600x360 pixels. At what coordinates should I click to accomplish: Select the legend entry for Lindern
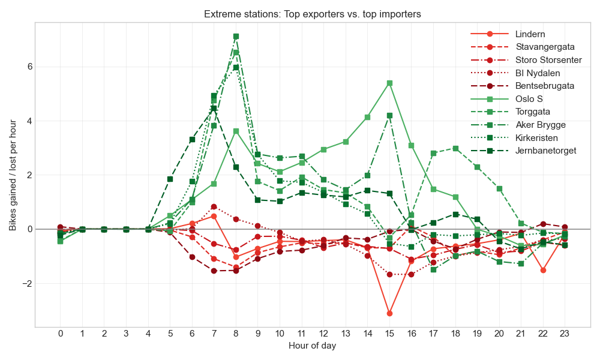[530, 34]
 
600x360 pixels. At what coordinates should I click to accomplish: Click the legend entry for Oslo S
[530, 99]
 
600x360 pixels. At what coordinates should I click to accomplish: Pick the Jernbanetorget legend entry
[545, 151]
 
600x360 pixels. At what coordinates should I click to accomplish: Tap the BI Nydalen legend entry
[538, 73]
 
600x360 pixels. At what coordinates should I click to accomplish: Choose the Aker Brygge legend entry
[541, 125]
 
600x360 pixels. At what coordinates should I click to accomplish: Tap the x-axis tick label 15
[389, 334]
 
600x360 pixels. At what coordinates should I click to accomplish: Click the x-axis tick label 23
[565, 334]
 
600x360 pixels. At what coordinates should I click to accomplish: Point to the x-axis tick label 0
[60, 334]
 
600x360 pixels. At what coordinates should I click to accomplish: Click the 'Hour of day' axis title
[312, 346]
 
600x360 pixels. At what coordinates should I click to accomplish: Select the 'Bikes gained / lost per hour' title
[13, 175]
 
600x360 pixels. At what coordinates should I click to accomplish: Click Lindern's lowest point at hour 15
[389, 313]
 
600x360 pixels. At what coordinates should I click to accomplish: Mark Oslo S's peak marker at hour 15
[389, 83]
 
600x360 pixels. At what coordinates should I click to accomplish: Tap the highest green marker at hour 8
[236, 37]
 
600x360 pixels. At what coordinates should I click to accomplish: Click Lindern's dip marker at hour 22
[543, 270]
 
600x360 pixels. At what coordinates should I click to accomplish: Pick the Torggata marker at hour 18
[455, 148]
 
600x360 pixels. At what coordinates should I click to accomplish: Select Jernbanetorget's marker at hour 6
[192, 139]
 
